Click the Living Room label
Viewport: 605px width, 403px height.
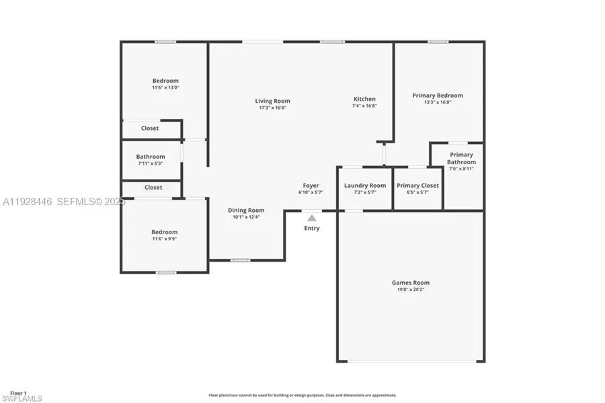pyautogui.click(x=272, y=101)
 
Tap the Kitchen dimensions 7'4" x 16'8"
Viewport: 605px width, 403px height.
pyautogui.click(x=365, y=106)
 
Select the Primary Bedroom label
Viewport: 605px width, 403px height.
pyautogui.click(x=438, y=96)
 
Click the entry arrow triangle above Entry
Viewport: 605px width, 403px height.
pyautogui.click(x=311, y=217)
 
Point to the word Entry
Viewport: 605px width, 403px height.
pyautogui.click(x=312, y=228)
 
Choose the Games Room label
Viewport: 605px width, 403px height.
pyautogui.click(x=411, y=283)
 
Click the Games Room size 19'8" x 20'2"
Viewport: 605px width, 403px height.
pyautogui.click(x=411, y=290)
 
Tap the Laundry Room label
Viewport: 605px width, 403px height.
pyautogui.click(x=365, y=186)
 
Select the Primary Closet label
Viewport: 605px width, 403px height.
pyautogui.click(x=417, y=186)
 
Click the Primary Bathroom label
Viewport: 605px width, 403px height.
pyautogui.click(x=462, y=158)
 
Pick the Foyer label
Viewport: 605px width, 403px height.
pyautogui.click(x=311, y=186)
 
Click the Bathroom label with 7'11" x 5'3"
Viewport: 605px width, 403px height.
pyautogui.click(x=151, y=157)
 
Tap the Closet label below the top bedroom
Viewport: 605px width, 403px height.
pyautogui.click(x=150, y=129)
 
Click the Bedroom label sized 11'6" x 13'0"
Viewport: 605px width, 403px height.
pyautogui.click(x=165, y=81)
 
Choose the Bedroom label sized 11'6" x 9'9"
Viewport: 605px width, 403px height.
pyautogui.click(x=164, y=232)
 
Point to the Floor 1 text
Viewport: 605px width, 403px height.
pyautogui.click(x=18, y=393)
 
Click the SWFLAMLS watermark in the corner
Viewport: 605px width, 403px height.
pyautogui.click(x=22, y=398)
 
